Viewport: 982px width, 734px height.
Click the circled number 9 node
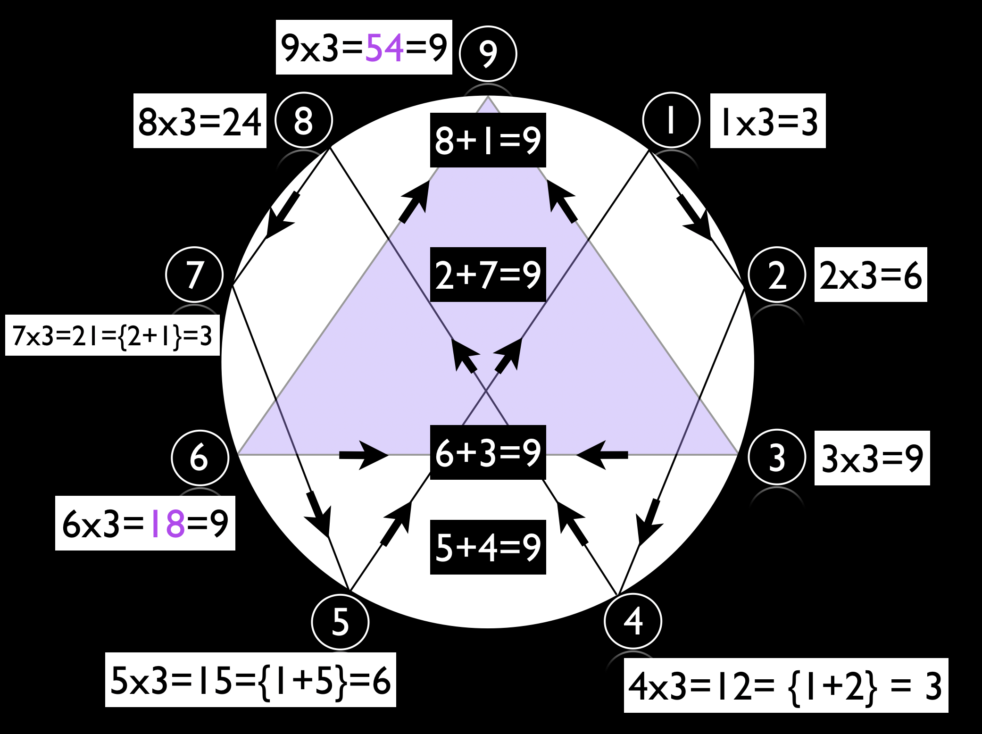pos(488,54)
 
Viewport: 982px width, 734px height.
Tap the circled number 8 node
pos(304,120)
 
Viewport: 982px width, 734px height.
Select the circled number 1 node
pos(671,120)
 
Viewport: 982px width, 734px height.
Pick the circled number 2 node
pos(777,275)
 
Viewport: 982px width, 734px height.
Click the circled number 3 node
pos(777,457)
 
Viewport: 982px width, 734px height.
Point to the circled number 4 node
pos(633,621)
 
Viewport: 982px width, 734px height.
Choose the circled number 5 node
pos(340,622)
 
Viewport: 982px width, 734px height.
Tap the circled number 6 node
pos(200,458)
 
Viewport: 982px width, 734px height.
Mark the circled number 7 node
pos(194,275)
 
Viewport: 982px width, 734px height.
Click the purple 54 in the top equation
pos(384,48)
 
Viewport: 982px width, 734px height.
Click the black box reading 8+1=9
pos(488,140)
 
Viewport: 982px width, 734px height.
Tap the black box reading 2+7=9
pos(488,275)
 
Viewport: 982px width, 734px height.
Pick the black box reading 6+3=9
pos(488,452)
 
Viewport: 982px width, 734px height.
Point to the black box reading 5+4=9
pos(488,547)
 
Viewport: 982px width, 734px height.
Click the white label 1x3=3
pos(768,121)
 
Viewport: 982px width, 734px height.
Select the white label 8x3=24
pos(200,121)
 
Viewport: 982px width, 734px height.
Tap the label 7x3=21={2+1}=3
pos(112,335)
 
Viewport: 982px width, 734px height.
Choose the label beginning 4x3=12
pos(785,685)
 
